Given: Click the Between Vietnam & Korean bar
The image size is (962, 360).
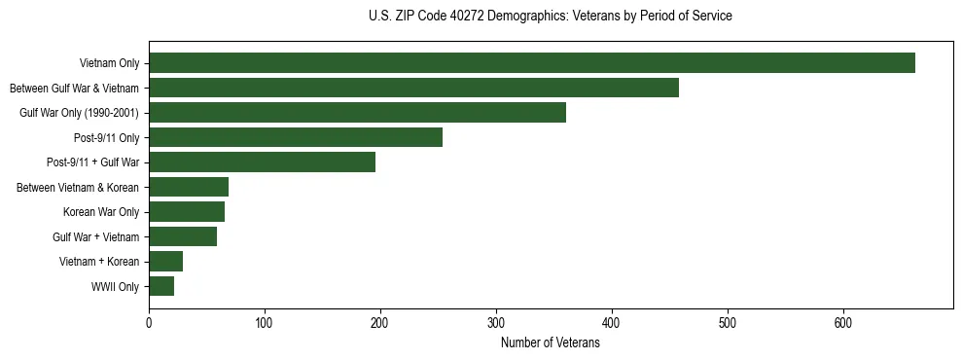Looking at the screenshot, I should pos(189,187).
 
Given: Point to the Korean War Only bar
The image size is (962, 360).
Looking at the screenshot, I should pos(187,212).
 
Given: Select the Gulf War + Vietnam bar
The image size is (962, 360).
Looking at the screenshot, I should pos(183,236).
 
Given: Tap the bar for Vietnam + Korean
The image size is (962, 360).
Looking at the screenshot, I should pos(165,262).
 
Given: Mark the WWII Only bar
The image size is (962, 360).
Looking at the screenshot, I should pos(161,286).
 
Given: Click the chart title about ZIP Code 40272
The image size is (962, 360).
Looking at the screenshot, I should pos(551,17).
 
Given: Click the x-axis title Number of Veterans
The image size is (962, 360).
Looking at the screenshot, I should pos(551,343).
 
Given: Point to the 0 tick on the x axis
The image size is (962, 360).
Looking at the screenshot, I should pos(149,323).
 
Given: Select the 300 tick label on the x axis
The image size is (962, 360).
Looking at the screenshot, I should pos(496,323).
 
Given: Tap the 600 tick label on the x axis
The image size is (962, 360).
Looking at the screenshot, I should pos(843,323).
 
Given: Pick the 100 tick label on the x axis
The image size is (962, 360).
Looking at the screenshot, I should pos(265,323).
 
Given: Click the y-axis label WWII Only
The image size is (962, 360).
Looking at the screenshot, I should pos(115,287).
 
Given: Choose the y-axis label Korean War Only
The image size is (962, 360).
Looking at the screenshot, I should pos(101,212).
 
